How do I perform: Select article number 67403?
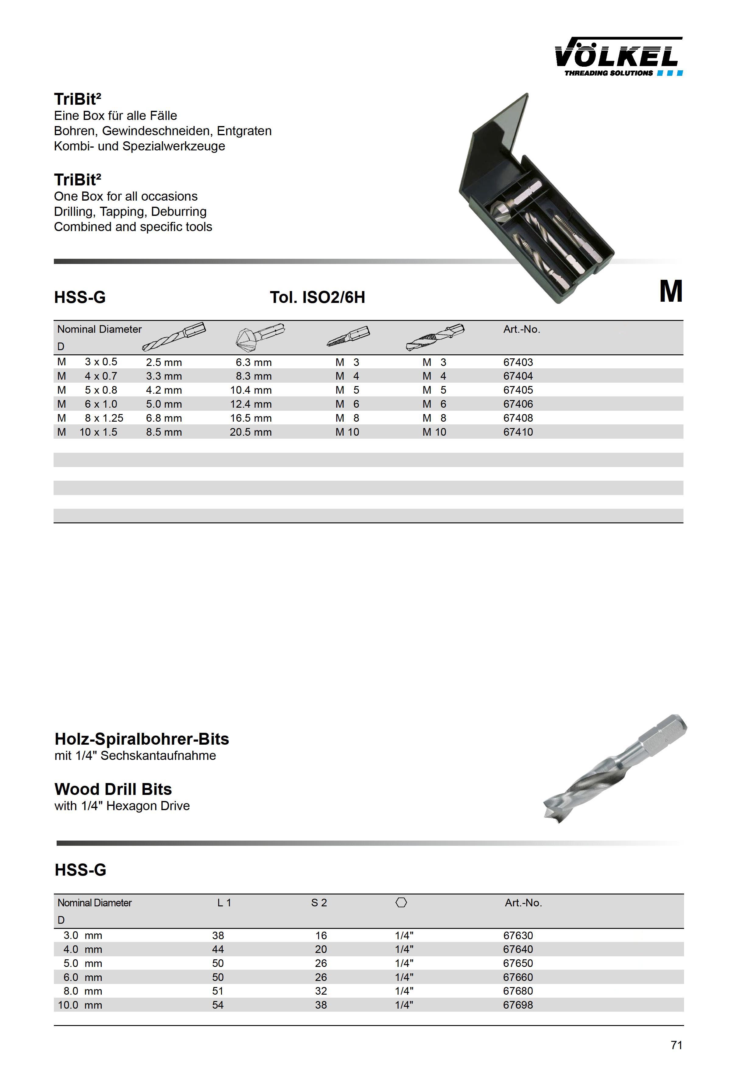tap(518, 362)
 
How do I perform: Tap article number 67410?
tap(518, 432)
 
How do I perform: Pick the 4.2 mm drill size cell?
tap(164, 390)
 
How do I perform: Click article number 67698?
tap(518, 1005)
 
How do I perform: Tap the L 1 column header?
tap(224, 903)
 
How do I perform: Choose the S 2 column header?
tap(319, 903)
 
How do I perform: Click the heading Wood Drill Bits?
tap(113, 789)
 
